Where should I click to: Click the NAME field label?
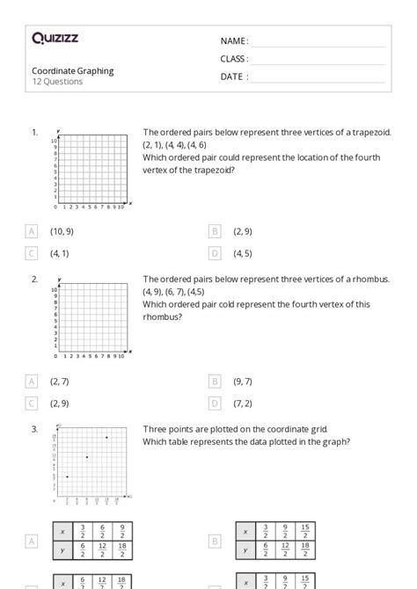(233, 41)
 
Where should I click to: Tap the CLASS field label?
(234, 59)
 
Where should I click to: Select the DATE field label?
(233, 76)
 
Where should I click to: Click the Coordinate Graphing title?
(73, 71)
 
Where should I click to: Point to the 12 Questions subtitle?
(57, 82)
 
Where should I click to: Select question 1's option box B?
(215, 231)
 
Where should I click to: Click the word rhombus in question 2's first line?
(370, 280)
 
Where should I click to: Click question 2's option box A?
(32, 381)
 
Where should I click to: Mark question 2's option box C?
(32, 404)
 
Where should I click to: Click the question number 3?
(34, 429)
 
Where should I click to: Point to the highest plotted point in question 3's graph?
(106, 438)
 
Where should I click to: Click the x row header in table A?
(62, 531)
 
